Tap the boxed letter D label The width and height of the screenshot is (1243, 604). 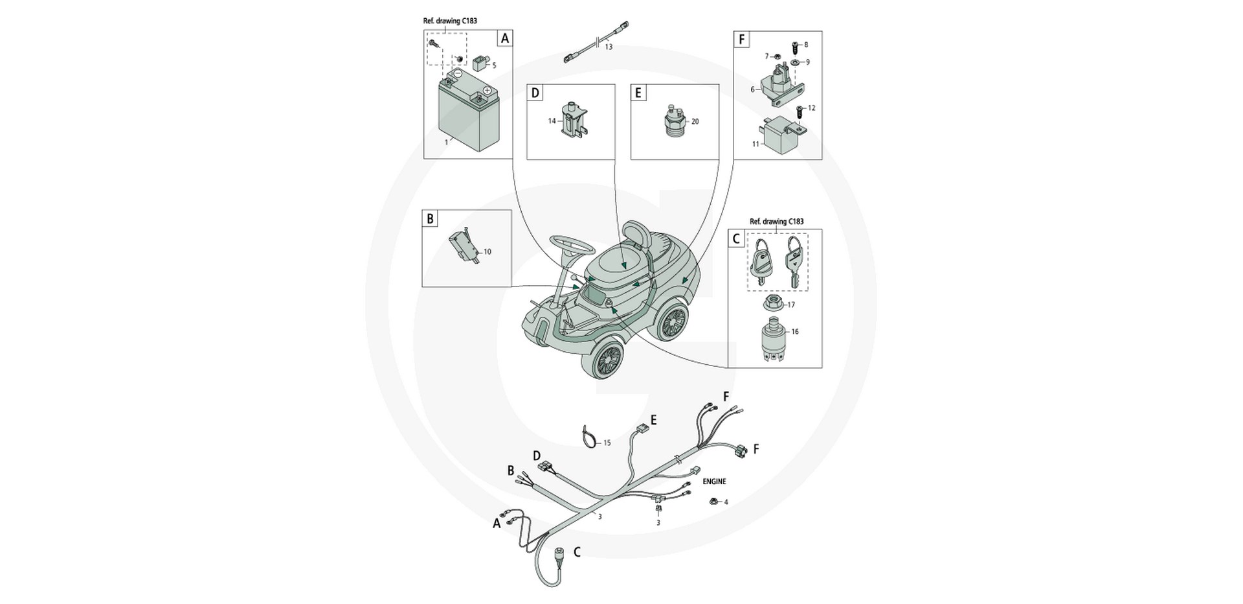(535, 93)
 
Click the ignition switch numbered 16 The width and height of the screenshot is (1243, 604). (772, 336)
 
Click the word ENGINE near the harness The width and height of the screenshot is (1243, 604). (714, 482)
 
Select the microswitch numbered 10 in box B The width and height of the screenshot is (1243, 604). (462, 248)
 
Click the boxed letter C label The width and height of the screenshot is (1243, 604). (735, 238)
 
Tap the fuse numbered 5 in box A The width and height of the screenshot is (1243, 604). (480, 63)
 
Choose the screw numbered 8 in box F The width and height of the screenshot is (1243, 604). (794, 46)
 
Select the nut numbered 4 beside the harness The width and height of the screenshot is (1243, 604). (712, 500)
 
